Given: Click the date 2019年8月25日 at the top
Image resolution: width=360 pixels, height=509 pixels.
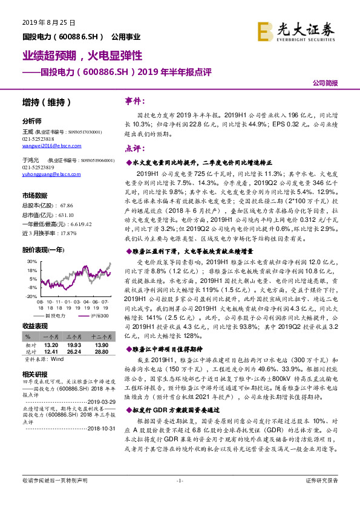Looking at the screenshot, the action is [x=49, y=22].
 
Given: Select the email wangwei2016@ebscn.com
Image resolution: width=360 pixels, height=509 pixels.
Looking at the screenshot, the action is [x=52, y=145].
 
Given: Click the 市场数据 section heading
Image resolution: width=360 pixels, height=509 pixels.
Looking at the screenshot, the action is [x=34, y=195].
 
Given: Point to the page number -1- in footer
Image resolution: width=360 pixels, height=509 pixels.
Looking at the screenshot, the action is [x=179, y=497].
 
